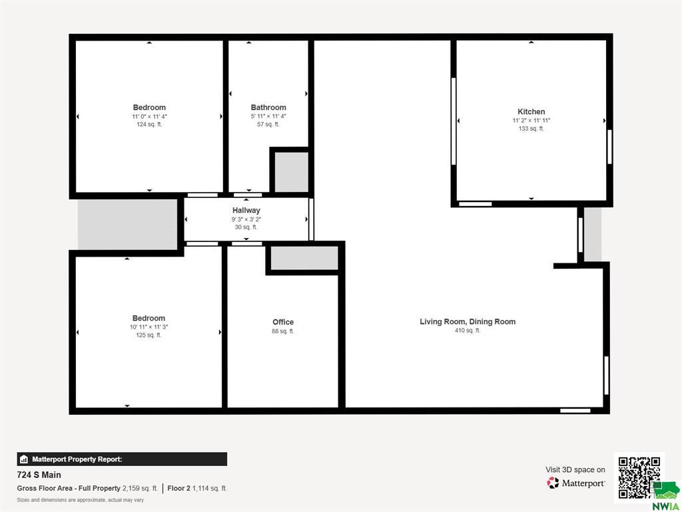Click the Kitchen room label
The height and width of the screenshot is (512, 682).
(531, 111)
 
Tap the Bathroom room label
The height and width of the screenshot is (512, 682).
(268, 107)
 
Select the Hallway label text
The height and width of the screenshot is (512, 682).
(246, 210)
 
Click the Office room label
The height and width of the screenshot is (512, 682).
(283, 322)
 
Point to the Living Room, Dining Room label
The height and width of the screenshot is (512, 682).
(468, 322)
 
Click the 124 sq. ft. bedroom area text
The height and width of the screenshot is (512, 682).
(149, 125)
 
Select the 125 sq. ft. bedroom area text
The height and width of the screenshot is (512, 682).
(149, 335)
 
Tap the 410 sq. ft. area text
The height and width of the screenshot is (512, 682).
(468, 331)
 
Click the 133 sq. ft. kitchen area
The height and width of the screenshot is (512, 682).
(531, 129)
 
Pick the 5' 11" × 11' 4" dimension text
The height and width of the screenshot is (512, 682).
(268, 116)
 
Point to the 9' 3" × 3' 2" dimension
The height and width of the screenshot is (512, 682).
(246, 219)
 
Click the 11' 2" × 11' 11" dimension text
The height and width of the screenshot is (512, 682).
(531, 120)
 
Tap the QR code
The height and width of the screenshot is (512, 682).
(639, 477)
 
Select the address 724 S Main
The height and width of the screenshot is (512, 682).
(39, 475)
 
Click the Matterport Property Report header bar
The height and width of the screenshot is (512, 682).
(122, 459)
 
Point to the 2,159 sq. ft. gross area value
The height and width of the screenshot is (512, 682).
(140, 489)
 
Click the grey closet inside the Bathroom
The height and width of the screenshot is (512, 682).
(292, 171)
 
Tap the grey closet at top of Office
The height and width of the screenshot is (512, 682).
(304, 258)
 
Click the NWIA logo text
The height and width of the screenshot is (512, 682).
(667, 507)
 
